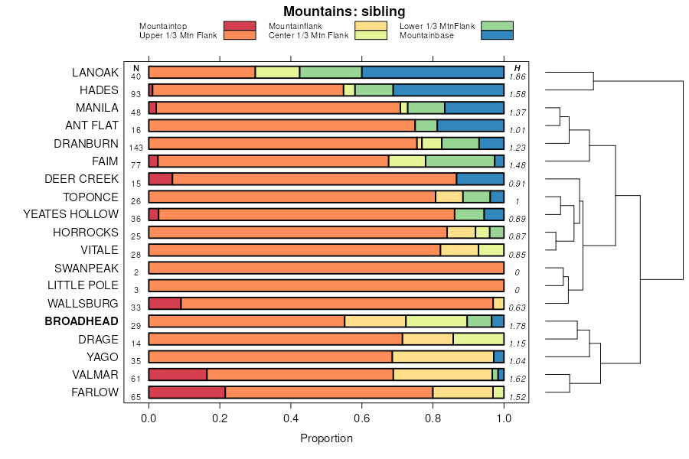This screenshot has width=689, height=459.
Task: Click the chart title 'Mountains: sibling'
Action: point(344,11)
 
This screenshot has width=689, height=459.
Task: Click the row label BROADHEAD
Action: point(82,321)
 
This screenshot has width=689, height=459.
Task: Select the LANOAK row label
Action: point(95,73)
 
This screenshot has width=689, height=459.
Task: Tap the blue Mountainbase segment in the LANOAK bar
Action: point(433,73)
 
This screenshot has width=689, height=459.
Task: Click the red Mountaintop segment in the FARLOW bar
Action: point(186,392)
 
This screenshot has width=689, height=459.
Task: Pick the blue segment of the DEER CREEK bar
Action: point(480,179)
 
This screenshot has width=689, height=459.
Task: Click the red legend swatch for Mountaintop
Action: point(239,26)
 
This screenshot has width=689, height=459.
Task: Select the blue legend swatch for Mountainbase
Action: point(498,34)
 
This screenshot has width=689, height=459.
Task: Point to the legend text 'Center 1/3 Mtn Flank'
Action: point(308,35)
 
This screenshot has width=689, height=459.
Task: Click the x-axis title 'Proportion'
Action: point(326,439)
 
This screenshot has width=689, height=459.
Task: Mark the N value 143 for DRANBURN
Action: point(136,148)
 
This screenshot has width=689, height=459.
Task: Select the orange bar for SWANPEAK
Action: point(326,268)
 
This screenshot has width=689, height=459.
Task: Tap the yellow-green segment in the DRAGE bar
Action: point(478,339)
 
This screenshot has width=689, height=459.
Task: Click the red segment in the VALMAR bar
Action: point(177,375)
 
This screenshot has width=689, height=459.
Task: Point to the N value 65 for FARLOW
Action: point(136,397)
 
